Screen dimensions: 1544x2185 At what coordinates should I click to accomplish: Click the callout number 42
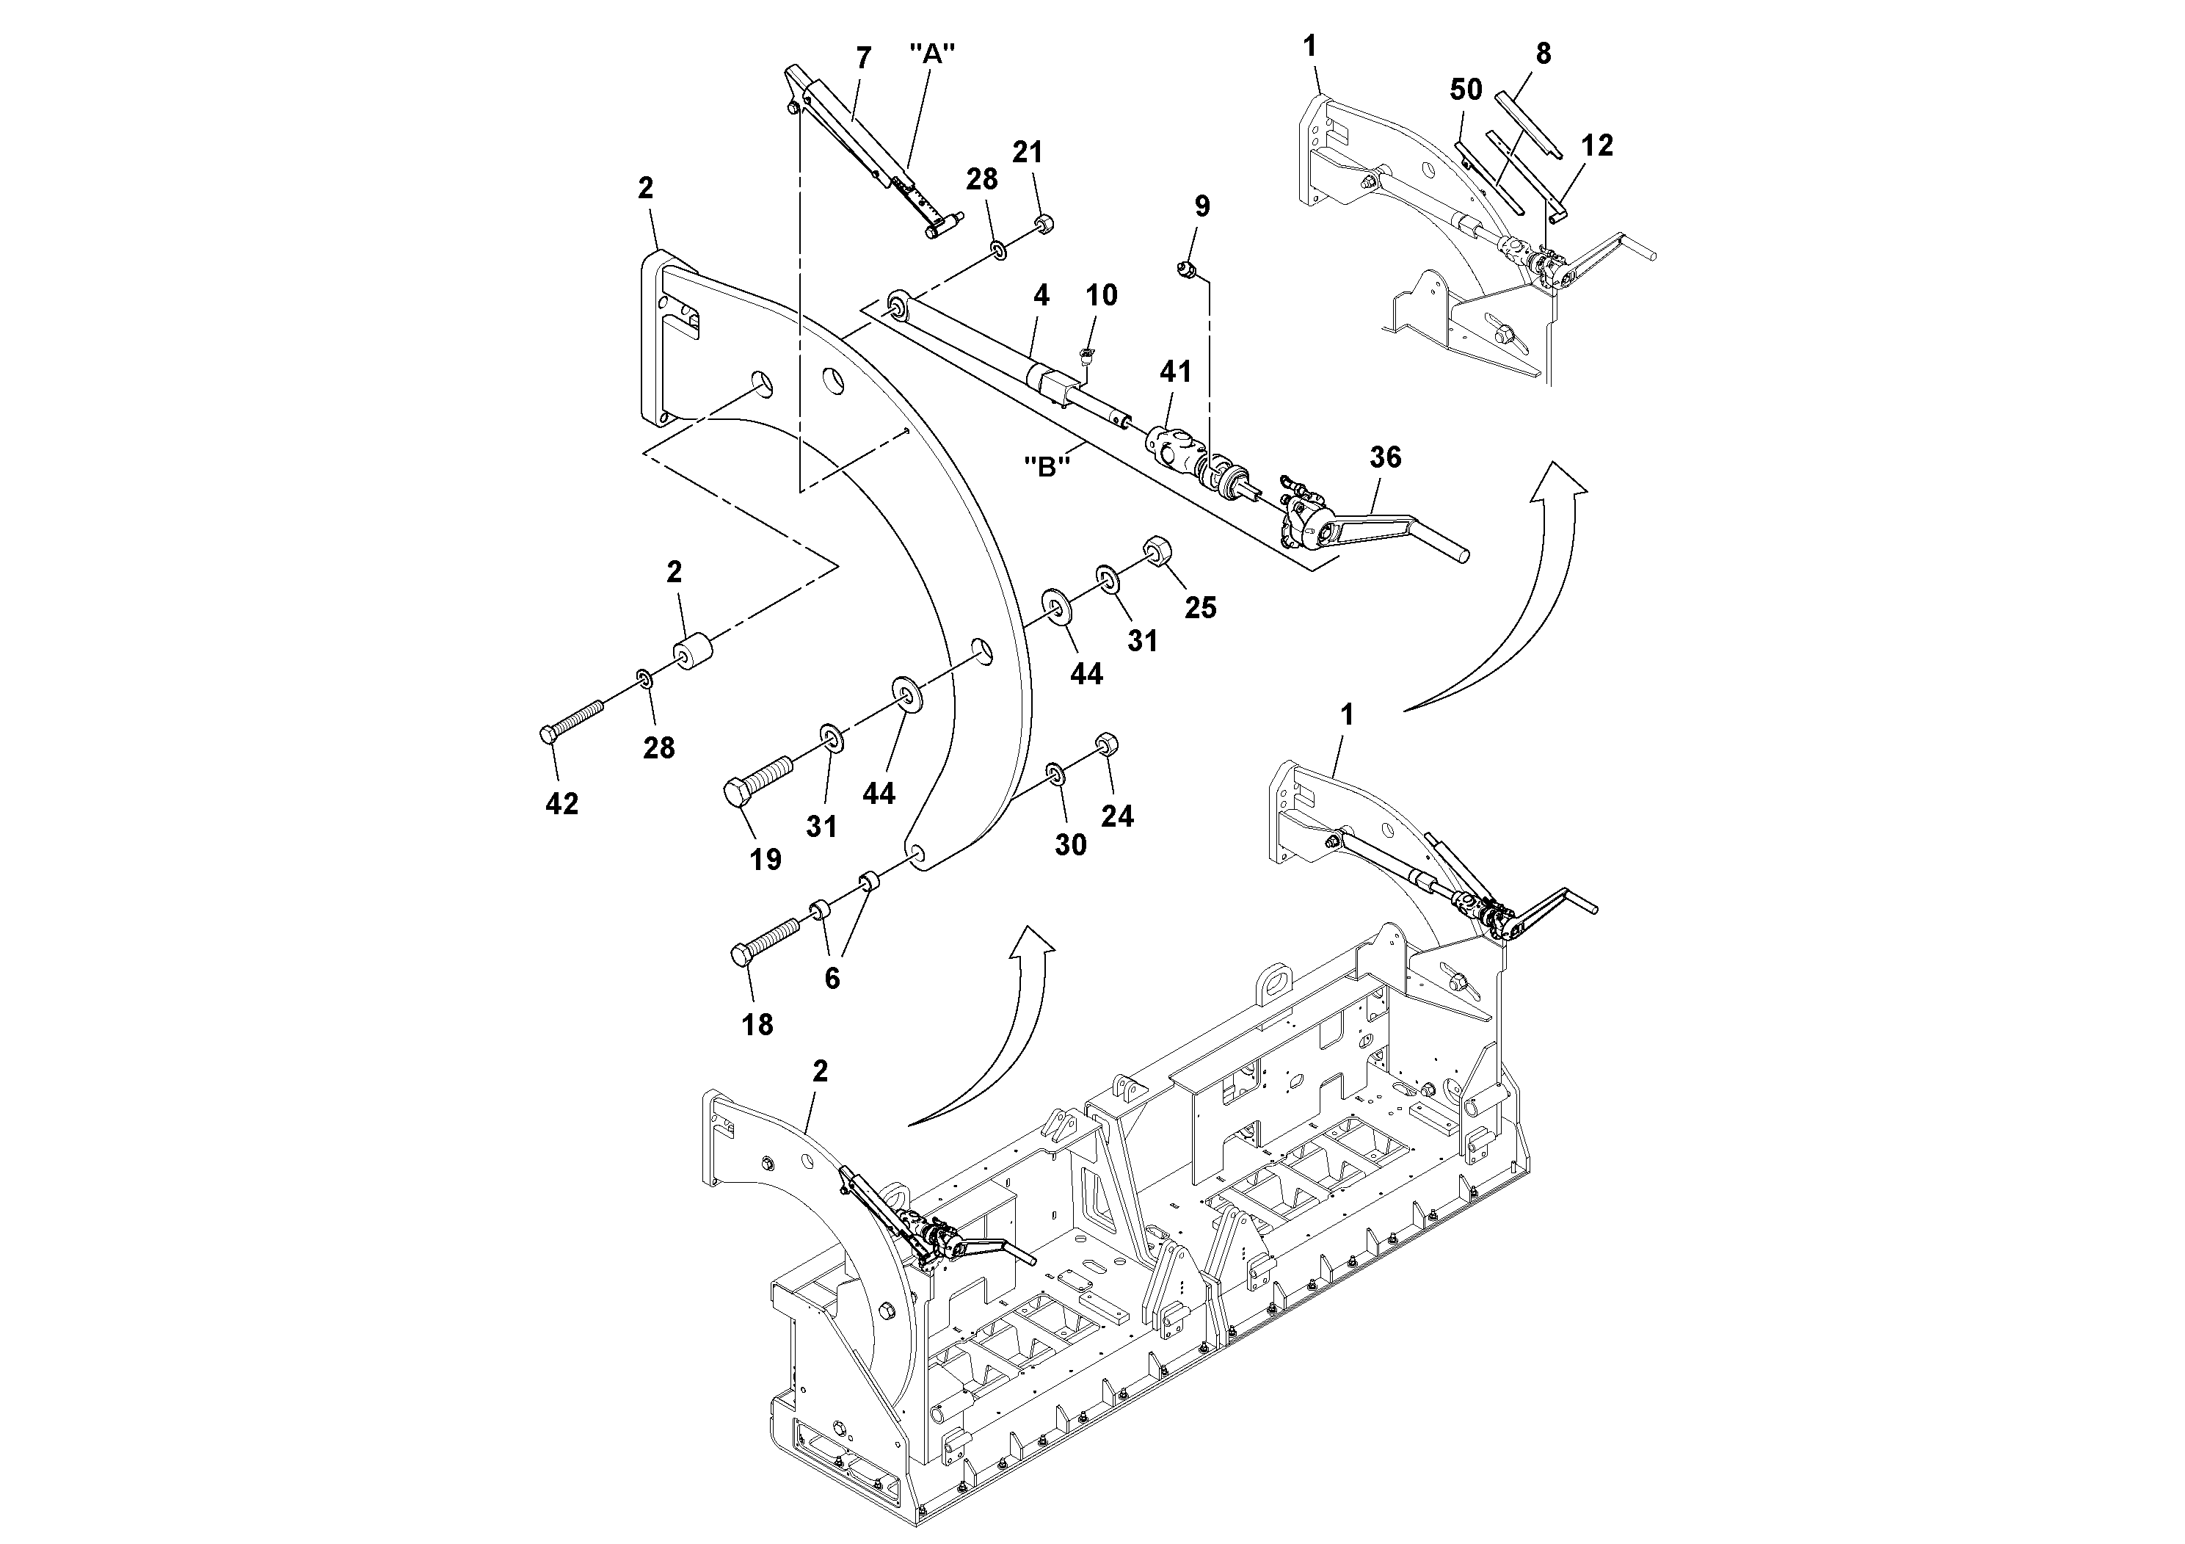[561, 805]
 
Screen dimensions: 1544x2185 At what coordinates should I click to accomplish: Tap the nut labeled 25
[1155, 551]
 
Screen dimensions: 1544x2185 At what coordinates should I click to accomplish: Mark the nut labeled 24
[1107, 744]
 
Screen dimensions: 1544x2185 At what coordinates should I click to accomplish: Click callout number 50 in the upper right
[1466, 90]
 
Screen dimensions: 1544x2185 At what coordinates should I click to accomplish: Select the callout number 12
[1597, 145]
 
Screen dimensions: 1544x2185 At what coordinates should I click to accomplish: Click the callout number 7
[863, 58]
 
